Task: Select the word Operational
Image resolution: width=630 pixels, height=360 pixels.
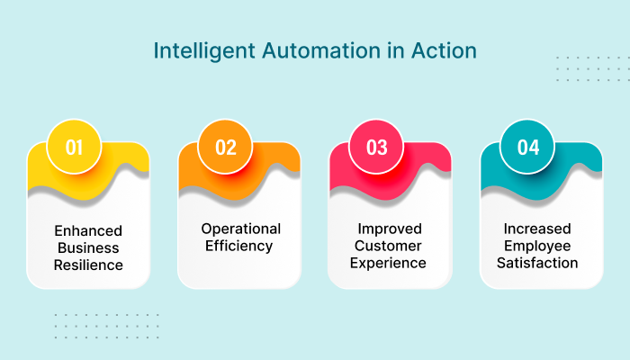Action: [x=240, y=229]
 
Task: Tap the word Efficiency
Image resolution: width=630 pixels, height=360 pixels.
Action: [x=240, y=246]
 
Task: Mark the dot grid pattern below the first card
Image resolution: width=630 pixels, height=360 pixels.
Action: [x=106, y=325]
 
